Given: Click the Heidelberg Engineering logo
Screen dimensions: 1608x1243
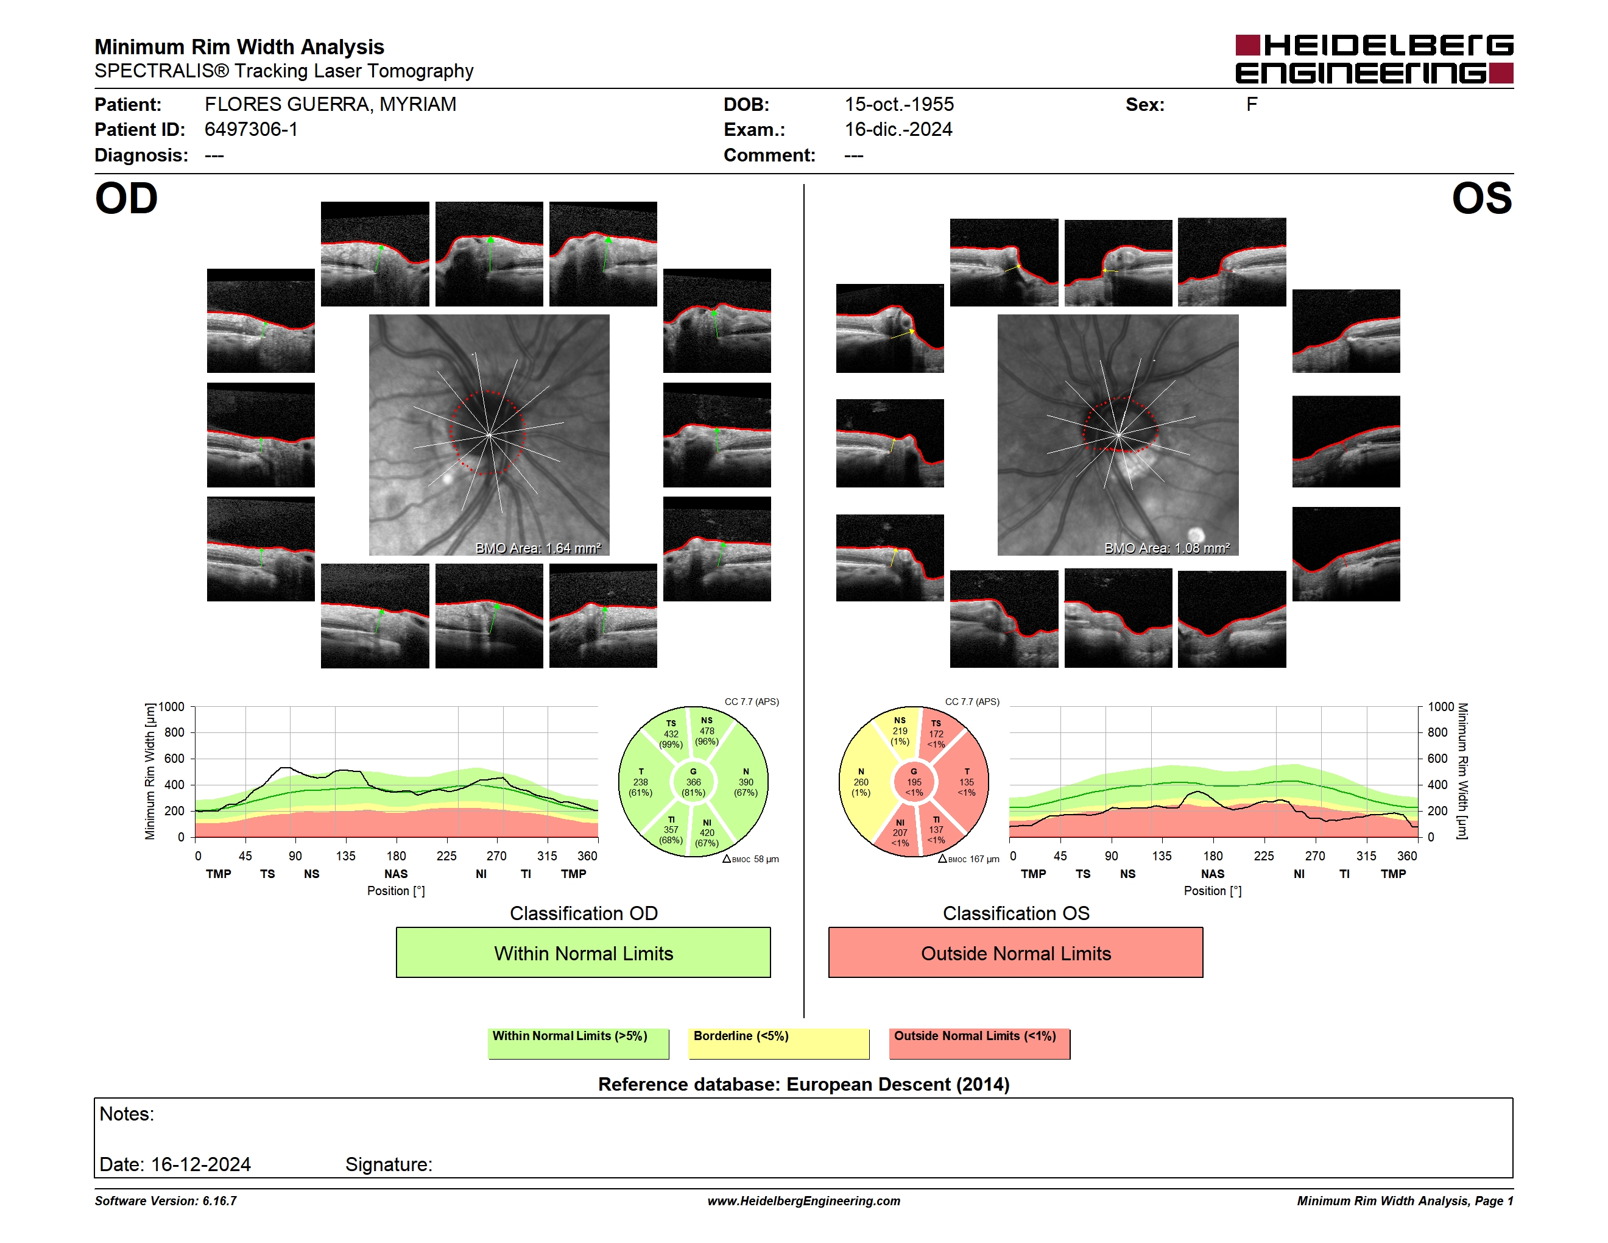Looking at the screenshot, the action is tap(1374, 59).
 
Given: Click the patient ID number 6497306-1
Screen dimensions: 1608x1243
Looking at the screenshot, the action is tap(251, 130).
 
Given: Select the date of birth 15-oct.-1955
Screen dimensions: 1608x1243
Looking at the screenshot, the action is tap(899, 105).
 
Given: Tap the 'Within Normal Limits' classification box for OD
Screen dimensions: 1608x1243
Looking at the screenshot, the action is tap(583, 952).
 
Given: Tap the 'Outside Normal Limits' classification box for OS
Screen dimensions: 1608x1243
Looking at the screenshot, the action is tap(1015, 952).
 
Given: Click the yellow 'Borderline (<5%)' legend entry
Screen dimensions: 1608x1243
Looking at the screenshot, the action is tap(778, 1043).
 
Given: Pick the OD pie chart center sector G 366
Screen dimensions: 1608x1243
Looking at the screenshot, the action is tap(693, 782).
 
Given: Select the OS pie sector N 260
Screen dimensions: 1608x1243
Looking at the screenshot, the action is tap(861, 782).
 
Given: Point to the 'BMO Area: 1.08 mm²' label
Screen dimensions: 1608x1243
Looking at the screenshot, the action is tap(1166, 548).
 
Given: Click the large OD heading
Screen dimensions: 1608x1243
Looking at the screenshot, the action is tap(127, 199).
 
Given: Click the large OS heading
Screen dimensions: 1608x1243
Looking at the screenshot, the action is tap(1481, 199).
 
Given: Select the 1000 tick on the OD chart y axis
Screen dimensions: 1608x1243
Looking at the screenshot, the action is tap(172, 707).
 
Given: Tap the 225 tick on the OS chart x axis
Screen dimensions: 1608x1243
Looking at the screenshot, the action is tap(1263, 855).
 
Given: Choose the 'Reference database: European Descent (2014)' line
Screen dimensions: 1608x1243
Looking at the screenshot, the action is tap(803, 1084).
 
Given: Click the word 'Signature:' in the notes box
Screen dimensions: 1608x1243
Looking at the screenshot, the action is tap(389, 1164).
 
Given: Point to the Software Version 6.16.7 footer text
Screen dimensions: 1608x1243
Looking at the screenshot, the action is tap(166, 1201).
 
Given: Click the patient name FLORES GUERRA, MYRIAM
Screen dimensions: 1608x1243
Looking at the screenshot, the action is tap(331, 105).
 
